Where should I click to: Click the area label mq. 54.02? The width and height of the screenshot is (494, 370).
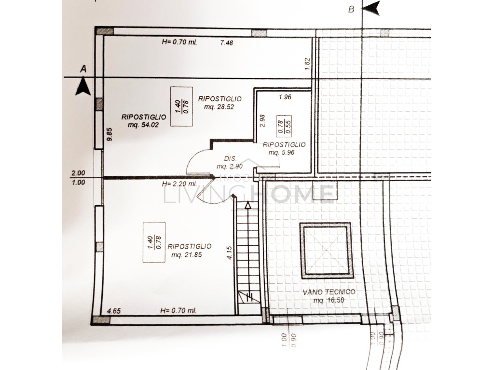coord(143,125)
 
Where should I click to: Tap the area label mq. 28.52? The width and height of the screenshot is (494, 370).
coord(219,107)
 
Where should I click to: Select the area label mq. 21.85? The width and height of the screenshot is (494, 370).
coord(187,255)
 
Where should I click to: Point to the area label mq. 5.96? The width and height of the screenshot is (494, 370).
coord(281,153)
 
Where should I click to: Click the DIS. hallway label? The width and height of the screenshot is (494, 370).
coord(230,159)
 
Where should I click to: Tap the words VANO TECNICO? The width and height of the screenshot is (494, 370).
coord(329,292)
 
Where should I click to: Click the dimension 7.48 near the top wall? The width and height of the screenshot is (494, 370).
coord(227,43)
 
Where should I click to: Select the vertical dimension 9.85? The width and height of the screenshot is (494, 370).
coord(110,134)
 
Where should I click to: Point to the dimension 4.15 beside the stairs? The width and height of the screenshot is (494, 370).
coord(229,252)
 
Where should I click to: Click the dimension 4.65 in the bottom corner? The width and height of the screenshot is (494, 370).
coord(114,311)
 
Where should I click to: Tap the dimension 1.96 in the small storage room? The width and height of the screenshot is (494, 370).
coord(285,97)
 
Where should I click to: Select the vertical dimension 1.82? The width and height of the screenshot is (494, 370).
coord(308,64)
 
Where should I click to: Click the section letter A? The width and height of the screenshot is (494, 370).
coord(83,69)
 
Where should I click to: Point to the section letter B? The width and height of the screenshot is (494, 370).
coord(351,10)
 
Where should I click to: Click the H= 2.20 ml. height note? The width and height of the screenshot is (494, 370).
coord(179,184)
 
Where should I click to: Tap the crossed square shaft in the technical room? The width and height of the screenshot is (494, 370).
coord(326,251)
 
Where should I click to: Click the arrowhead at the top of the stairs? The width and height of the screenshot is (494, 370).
coord(248,205)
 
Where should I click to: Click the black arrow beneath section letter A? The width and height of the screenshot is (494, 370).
coord(83,87)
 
